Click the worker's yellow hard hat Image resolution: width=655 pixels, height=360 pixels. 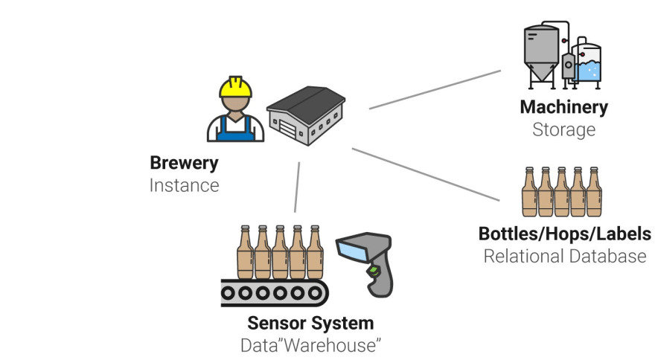click(x=236, y=87)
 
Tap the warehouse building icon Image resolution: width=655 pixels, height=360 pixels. click(x=306, y=116)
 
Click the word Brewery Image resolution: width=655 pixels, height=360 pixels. click(x=185, y=164)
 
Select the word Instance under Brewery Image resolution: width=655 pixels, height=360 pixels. click(x=185, y=185)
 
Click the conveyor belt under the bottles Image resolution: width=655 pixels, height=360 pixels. click(x=275, y=293)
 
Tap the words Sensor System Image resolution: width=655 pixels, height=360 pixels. click(x=310, y=324)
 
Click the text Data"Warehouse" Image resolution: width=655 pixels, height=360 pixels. click(x=310, y=345)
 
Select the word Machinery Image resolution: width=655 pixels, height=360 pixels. click(x=564, y=107)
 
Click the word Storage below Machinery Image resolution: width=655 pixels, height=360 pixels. click(x=564, y=129)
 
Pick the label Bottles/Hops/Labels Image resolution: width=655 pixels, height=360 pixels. click(x=565, y=234)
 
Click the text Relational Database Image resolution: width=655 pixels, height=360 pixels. click(x=565, y=256)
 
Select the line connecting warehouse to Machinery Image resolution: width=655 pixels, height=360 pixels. click(x=435, y=90)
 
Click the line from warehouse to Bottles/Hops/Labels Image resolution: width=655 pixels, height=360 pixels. click(x=426, y=175)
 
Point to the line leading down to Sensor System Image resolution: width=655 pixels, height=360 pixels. click(x=297, y=187)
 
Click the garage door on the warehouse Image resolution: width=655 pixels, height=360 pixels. click(x=287, y=127)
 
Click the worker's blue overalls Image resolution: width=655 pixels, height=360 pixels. click(x=236, y=130)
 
